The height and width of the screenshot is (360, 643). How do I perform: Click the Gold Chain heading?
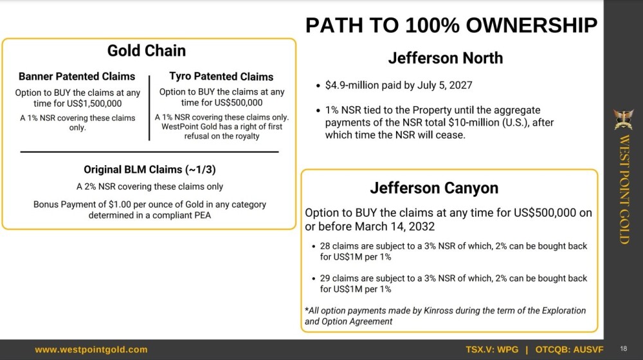click(x=147, y=51)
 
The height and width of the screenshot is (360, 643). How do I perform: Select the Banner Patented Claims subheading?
click(x=77, y=76)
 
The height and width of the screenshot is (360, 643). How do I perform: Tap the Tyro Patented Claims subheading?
click(x=221, y=76)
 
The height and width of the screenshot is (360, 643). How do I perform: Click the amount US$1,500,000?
click(x=95, y=104)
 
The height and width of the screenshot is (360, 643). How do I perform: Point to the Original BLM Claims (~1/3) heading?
click(x=150, y=170)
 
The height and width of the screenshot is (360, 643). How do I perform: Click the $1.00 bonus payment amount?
click(x=119, y=204)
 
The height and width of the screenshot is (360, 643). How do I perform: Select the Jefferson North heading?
click(x=446, y=59)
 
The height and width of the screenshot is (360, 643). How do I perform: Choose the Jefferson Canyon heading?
click(x=434, y=188)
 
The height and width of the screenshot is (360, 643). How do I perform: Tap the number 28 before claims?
click(x=325, y=246)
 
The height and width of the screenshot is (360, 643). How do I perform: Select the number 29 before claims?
click(x=325, y=278)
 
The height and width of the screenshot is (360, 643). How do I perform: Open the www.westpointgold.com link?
click(x=91, y=350)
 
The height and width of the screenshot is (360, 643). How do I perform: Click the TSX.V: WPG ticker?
click(x=492, y=350)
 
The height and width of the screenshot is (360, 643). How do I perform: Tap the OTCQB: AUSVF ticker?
click(x=569, y=350)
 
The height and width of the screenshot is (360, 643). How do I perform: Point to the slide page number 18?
click(x=624, y=349)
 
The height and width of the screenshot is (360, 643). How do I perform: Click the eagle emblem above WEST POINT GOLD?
click(x=624, y=119)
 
